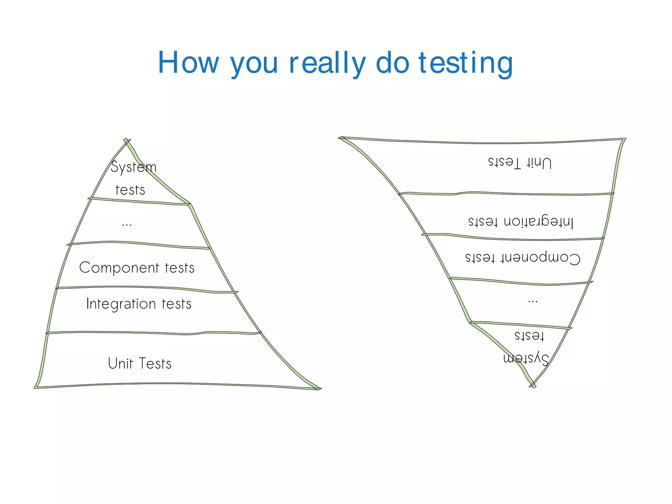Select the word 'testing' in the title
[x=466, y=63]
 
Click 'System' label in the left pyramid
[x=133, y=167]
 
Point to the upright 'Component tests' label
[x=137, y=268]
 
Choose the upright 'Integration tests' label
[x=138, y=304]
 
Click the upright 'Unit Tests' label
[x=140, y=363]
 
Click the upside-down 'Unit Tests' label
[x=520, y=162]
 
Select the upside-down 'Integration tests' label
[x=521, y=222]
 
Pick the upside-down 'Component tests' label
[x=523, y=258]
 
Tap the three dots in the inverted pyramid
[x=533, y=301]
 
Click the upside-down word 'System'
[x=526, y=358]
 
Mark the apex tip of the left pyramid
[x=127, y=140]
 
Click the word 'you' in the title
[x=254, y=63]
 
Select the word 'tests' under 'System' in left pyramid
[x=130, y=190]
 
